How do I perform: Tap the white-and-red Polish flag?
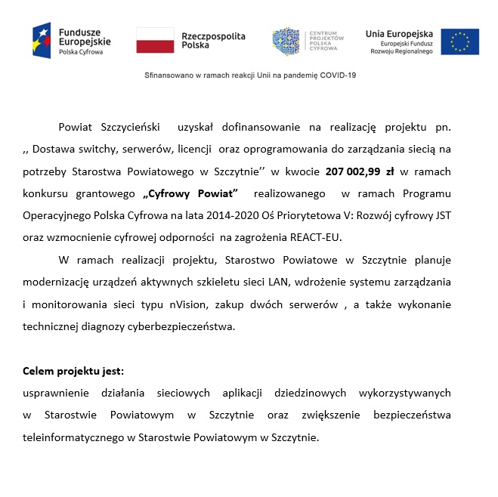tap(156, 40)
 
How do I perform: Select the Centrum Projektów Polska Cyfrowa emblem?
tap(286, 41)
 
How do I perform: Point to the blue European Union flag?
tap(459, 41)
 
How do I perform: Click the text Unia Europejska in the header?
tap(399, 33)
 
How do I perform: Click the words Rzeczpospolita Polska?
tap(203, 40)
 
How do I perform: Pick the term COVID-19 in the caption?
tap(337, 76)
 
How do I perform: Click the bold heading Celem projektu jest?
tap(73, 372)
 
